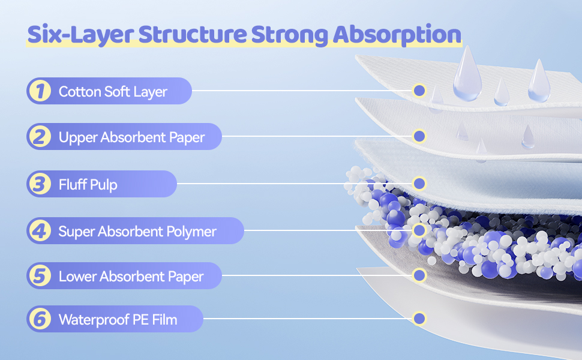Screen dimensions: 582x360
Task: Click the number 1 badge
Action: [x=40, y=91]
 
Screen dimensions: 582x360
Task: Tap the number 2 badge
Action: [x=40, y=137]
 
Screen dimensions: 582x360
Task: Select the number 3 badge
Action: [x=40, y=184]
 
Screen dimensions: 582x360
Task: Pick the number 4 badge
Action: [x=40, y=230]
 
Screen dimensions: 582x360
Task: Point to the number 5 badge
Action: [x=40, y=276]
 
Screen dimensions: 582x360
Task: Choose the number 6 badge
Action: [x=40, y=319]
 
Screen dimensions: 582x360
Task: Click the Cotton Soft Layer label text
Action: [x=113, y=92]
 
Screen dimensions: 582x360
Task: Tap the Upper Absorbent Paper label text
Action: [x=131, y=137]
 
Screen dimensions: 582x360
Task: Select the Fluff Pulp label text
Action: [x=88, y=184]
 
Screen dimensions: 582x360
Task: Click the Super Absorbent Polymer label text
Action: [x=137, y=231]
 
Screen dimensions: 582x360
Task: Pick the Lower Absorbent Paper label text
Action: [x=131, y=277]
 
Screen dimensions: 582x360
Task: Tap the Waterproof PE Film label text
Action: [x=118, y=320]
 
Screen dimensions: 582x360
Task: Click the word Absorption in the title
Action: [x=397, y=35]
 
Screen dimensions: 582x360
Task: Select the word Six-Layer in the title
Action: [x=80, y=35]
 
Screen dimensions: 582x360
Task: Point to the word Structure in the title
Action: [x=193, y=34]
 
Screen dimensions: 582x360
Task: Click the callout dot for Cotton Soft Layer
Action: [x=419, y=91]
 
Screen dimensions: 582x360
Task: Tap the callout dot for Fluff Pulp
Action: [x=419, y=184]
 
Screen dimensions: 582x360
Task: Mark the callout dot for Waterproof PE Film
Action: [x=419, y=319]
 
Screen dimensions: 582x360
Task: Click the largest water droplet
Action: [x=467, y=76]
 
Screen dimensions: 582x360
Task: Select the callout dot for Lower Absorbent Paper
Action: [x=419, y=275]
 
